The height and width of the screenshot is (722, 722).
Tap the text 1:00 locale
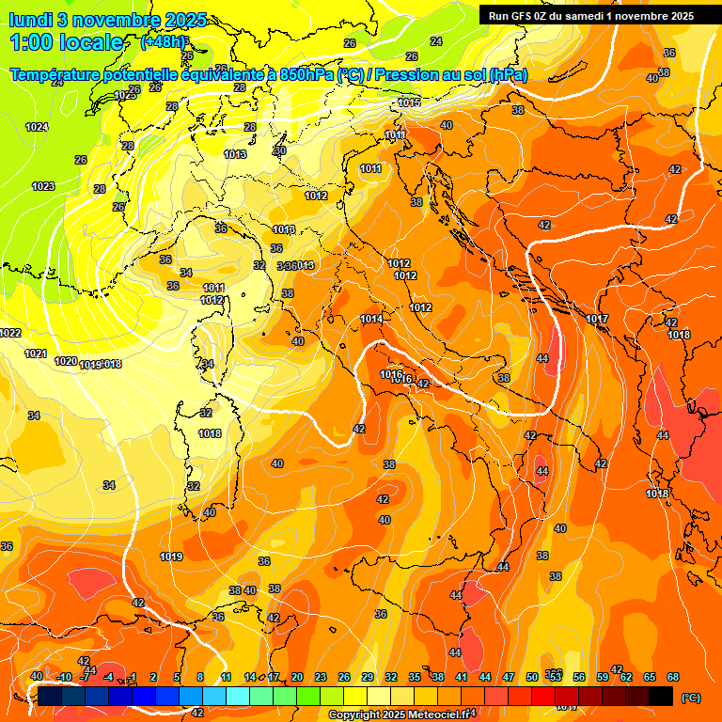[66, 42]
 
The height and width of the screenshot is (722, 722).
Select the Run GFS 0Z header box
[591, 16]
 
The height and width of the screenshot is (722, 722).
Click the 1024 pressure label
[37, 127]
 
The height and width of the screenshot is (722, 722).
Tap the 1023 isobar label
[43, 186]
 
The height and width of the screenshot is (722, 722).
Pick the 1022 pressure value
[10, 333]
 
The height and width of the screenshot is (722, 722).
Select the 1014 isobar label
[371, 320]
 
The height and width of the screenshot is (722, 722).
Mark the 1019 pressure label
[171, 557]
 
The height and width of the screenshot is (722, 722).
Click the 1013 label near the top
[235, 154]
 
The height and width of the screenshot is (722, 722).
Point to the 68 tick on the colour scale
[673, 677]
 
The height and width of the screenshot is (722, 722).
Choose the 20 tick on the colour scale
[296, 677]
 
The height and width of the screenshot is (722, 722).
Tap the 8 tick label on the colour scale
[200, 677]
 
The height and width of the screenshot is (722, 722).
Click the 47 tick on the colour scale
[509, 677]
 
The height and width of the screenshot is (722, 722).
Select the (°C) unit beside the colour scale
[691, 698]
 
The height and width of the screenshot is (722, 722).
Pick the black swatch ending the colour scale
[661, 696]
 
